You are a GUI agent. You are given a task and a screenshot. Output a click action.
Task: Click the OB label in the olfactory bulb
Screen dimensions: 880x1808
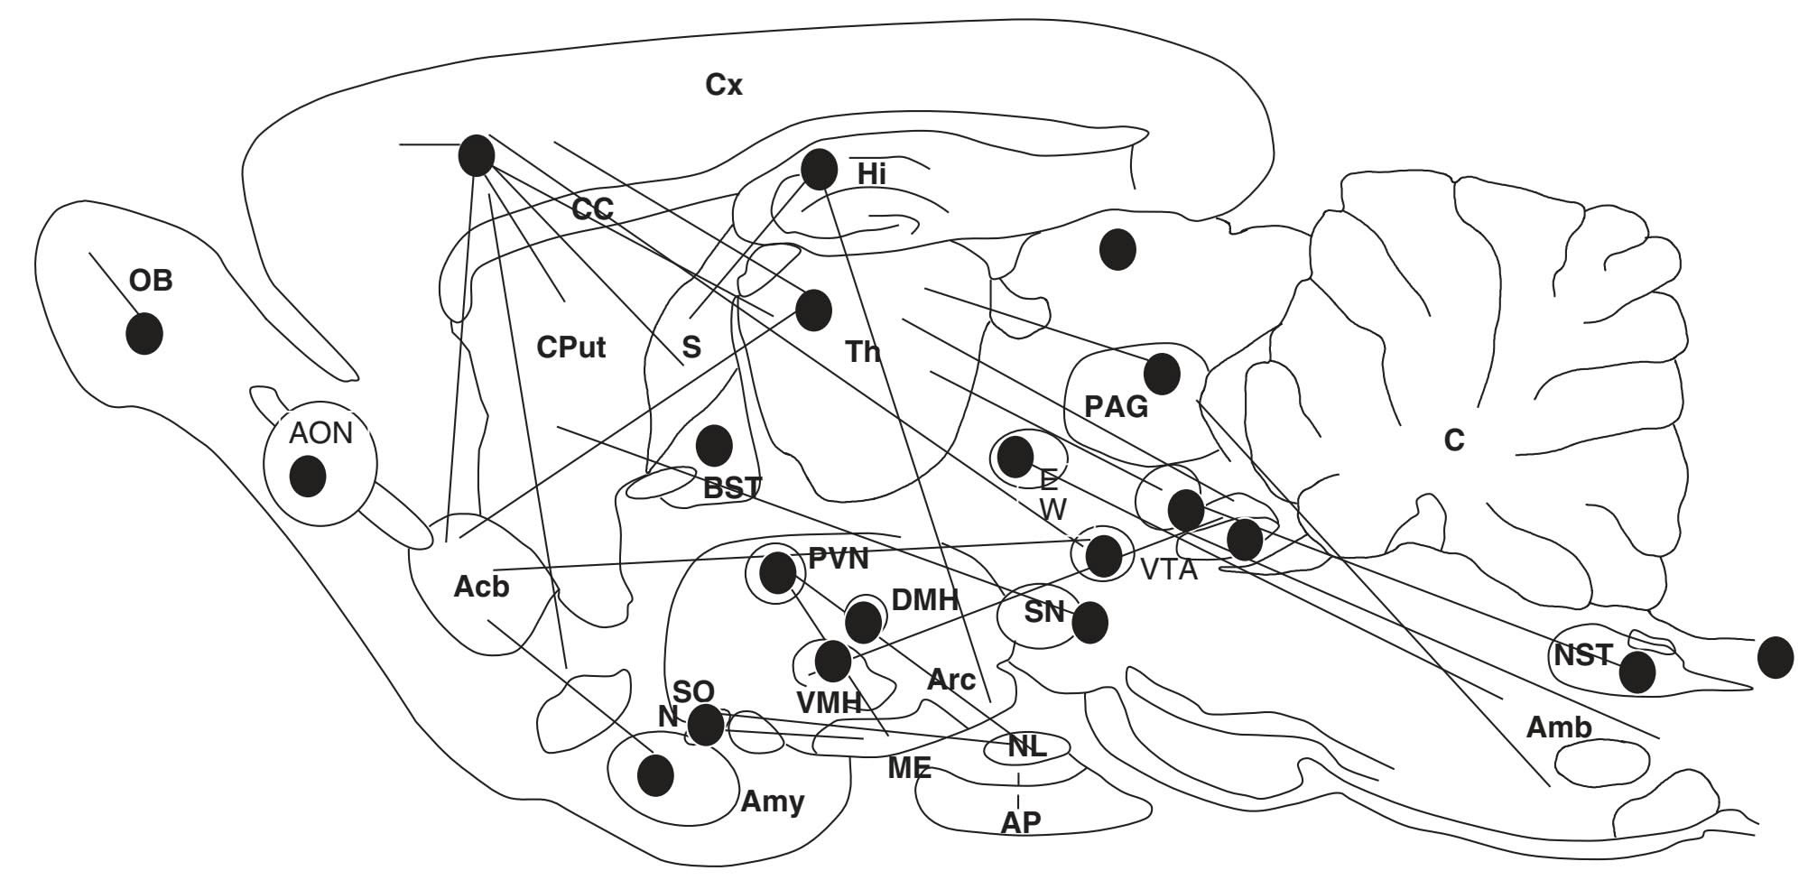coord(151,281)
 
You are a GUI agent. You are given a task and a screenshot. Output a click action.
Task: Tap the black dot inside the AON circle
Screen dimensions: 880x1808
coord(308,476)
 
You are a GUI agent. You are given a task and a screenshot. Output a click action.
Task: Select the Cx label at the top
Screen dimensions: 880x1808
coord(724,85)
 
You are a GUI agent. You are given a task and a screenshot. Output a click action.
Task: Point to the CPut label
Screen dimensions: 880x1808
coord(570,347)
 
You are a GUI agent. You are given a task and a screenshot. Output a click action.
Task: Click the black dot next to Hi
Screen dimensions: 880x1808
coord(819,169)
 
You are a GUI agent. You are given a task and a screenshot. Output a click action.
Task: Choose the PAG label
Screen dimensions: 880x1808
coord(1117,407)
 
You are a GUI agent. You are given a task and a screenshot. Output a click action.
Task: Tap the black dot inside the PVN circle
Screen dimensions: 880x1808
coord(777,571)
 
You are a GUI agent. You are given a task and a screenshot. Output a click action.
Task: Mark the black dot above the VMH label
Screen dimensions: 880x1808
coord(832,661)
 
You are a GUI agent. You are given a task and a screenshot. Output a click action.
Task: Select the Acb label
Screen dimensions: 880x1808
coord(481,587)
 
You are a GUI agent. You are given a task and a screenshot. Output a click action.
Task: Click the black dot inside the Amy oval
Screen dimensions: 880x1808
coord(655,774)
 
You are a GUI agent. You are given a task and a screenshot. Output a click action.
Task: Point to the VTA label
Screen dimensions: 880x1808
coord(1169,570)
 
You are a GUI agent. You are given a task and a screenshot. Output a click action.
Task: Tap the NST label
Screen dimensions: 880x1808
coord(1583,654)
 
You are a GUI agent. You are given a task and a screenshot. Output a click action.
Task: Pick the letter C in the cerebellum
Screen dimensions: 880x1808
coord(1454,440)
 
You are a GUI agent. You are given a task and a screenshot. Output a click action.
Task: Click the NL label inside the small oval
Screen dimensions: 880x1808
coord(1026,746)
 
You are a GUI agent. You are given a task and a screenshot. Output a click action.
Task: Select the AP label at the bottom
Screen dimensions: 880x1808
coord(1021,822)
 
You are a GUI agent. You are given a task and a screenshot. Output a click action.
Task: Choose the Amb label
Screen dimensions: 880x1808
coord(1559,727)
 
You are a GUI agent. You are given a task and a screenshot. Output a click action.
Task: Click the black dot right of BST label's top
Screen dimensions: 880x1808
coord(714,445)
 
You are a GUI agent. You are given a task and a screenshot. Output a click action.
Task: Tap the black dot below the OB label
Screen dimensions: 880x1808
coord(144,334)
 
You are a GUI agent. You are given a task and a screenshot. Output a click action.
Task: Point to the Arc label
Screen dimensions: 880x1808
coord(951,680)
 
